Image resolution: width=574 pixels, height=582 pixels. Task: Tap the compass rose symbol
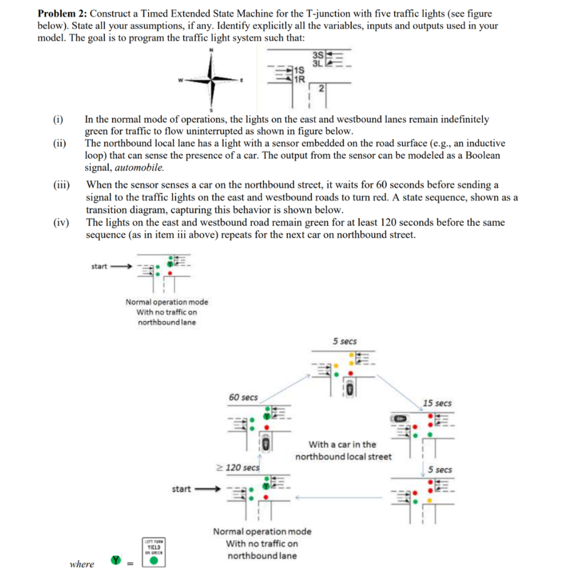(212, 80)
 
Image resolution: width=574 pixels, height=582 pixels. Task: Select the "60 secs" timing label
(243, 397)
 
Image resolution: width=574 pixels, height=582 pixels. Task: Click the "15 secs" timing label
(437, 402)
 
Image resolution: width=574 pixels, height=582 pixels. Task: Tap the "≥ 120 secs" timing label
(238, 467)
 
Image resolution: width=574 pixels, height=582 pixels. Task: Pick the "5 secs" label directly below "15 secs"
(440, 469)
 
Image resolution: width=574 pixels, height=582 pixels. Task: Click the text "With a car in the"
(342, 444)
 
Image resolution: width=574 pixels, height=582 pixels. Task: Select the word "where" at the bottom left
(81, 564)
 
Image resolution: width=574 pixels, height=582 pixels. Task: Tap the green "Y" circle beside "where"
(116, 560)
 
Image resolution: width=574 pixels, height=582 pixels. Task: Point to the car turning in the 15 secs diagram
(398, 418)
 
